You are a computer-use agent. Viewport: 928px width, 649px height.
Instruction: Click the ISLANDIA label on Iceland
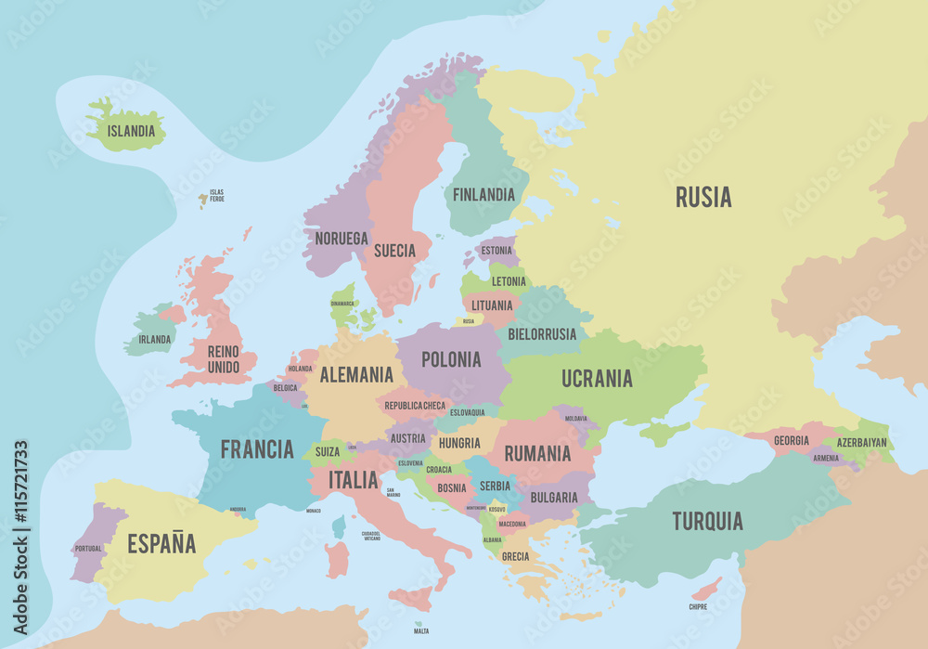click(x=131, y=131)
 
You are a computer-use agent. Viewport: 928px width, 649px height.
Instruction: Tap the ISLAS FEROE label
click(x=216, y=196)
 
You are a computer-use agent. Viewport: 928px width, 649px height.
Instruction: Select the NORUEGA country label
click(x=341, y=239)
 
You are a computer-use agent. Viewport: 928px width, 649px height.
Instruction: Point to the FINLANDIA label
click(x=483, y=195)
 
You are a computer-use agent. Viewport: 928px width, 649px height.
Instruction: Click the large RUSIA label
click(x=702, y=197)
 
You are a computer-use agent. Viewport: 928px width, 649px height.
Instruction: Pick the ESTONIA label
click(x=496, y=251)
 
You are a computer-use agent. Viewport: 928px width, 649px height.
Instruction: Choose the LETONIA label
click(x=509, y=281)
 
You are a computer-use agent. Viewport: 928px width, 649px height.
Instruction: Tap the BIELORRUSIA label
click(x=542, y=334)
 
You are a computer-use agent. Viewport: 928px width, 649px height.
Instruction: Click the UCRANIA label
click(x=597, y=378)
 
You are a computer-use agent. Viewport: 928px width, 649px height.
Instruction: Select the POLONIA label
click(x=451, y=359)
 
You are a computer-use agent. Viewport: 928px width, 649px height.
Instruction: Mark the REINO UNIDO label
click(x=223, y=359)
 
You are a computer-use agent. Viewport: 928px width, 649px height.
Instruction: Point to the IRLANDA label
click(x=154, y=340)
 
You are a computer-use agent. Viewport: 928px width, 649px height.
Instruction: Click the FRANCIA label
click(x=257, y=449)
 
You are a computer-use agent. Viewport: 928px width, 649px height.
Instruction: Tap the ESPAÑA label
click(x=161, y=544)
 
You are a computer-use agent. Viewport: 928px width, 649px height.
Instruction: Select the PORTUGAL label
click(x=87, y=549)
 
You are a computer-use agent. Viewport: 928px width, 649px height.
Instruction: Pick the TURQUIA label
click(x=707, y=521)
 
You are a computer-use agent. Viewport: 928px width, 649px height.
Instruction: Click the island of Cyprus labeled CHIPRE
click(x=706, y=589)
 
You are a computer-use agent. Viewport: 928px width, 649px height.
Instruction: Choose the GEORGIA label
click(x=791, y=441)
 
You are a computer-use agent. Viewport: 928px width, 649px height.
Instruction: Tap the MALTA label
click(x=421, y=631)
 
